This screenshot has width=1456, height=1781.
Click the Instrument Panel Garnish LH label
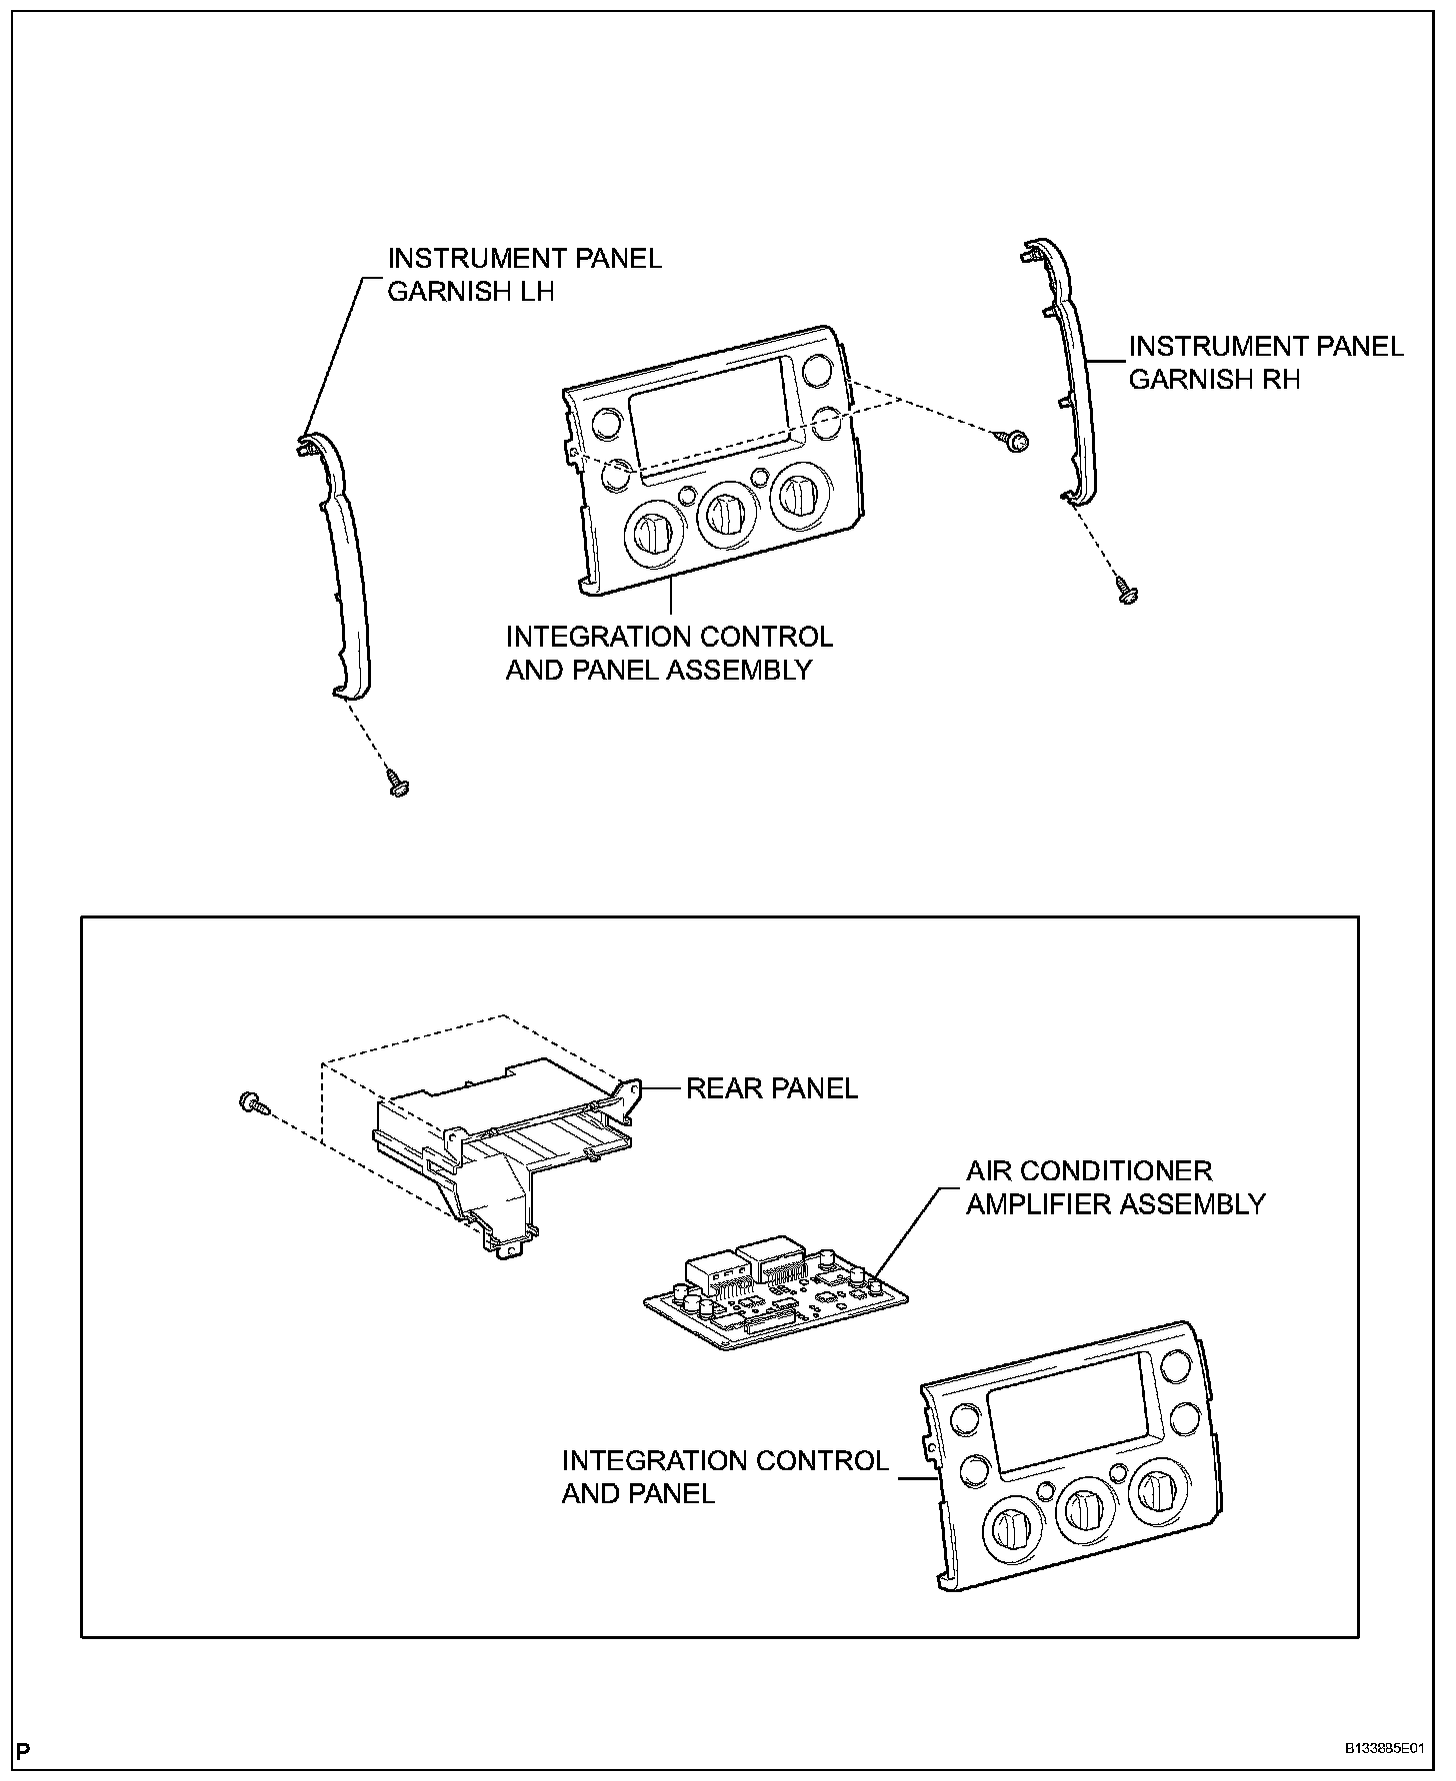(524, 275)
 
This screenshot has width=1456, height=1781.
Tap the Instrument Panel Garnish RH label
(1265, 362)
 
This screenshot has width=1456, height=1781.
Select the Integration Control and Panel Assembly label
(668, 653)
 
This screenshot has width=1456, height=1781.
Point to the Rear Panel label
(771, 1088)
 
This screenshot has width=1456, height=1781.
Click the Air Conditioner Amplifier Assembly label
(1115, 1187)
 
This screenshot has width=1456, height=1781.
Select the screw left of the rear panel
(252, 1103)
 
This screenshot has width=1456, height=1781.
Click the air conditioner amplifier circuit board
(775, 1299)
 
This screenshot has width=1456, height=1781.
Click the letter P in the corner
(25, 1750)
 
